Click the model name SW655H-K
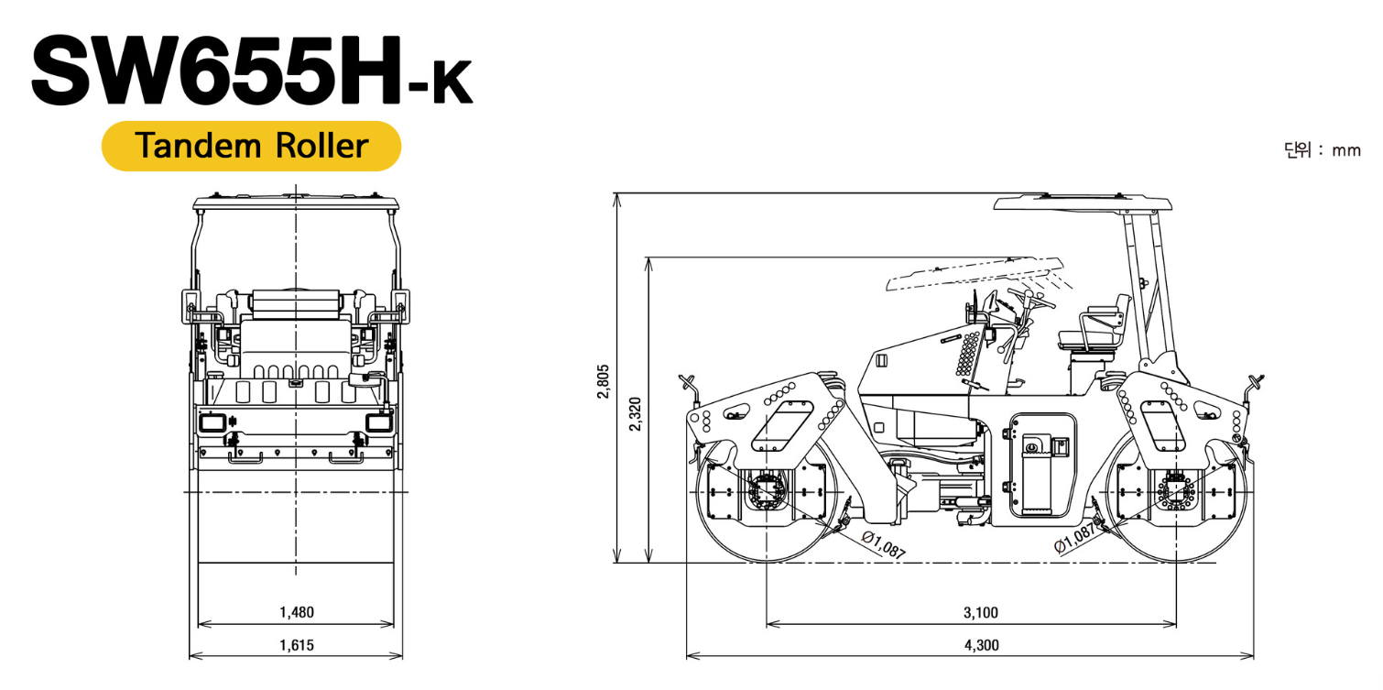click(252, 71)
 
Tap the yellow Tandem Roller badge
click(251, 146)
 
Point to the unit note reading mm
click(1346, 150)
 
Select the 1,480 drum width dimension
click(297, 612)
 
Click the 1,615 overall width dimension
click(297, 645)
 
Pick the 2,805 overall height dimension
click(604, 381)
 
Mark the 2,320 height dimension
click(636, 414)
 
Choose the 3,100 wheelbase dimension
click(980, 612)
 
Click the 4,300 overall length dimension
click(981, 645)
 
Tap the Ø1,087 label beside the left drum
click(884, 545)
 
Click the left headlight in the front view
click(212, 422)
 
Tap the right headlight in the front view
click(378, 422)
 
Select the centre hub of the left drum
click(767, 492)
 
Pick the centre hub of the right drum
click(1176, 492)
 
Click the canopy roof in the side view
click(1083, 203)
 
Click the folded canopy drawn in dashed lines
click(975, 273)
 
